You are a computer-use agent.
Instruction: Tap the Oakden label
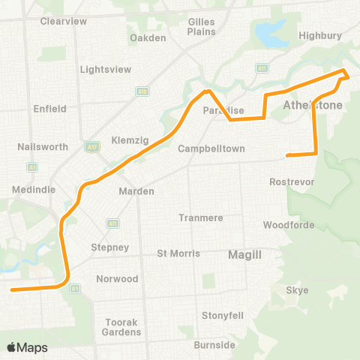click(147, 37)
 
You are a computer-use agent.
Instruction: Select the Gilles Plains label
click(201, 28)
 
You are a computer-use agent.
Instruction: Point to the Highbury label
click(320, 35)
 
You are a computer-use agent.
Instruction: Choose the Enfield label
click(50, 109)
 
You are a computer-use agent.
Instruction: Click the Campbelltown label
click(211, 148)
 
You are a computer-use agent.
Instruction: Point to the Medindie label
click(34, 190)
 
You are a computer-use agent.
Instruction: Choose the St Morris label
click(178, 253)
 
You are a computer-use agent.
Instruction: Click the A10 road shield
click(142, 91)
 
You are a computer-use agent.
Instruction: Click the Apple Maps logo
click(26, 347)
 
